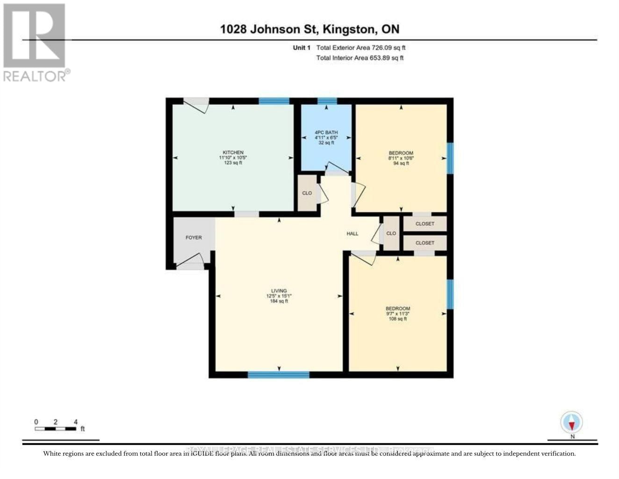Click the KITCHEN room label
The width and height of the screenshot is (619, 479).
coord(233,152)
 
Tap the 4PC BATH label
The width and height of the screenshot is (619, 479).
coord(326,133)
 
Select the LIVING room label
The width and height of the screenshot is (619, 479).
coord(279,291)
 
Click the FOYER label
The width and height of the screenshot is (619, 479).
coord(194,238)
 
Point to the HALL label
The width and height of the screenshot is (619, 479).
coord(352,233)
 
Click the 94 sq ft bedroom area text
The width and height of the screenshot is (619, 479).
coord(401,163)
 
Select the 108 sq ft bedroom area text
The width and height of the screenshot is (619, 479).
coord(397,319)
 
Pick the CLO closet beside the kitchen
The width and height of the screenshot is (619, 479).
coord(307,193)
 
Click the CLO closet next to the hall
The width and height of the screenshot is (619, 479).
coord(391,233)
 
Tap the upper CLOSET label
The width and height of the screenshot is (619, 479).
coord(425,224)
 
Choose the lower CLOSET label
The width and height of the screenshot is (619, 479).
coord(425,243)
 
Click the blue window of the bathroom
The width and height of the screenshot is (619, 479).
coord(327,101)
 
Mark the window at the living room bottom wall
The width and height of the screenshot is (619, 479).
coord(278,374)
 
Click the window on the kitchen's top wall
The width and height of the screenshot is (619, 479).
coord(274,101)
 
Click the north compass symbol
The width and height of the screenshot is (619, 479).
coord(572,423)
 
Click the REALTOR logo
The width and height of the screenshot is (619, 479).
coord(35,42)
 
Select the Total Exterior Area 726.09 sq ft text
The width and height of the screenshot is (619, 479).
coord(360,48)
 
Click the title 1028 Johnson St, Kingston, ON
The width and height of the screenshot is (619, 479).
coord(309,29)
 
